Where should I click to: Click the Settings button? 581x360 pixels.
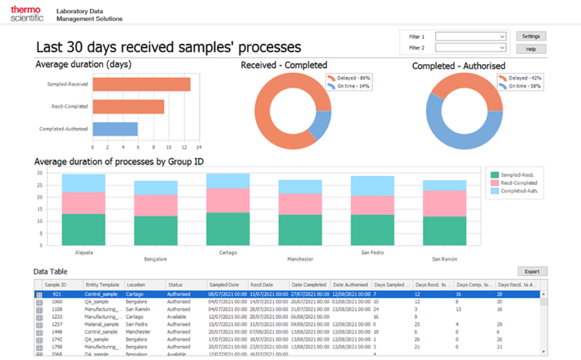531,36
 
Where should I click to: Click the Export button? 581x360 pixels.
532,272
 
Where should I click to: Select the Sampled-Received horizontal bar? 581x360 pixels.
141,84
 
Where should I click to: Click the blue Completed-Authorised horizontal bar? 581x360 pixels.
115,129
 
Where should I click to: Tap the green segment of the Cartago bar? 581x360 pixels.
228,228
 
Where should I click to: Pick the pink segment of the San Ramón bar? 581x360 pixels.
444,203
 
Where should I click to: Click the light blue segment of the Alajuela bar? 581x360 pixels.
83,183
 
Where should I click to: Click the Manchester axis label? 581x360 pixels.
300,259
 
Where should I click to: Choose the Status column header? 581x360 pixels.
175,285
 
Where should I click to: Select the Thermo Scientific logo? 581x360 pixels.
26,14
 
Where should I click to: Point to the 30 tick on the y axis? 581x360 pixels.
39,173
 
